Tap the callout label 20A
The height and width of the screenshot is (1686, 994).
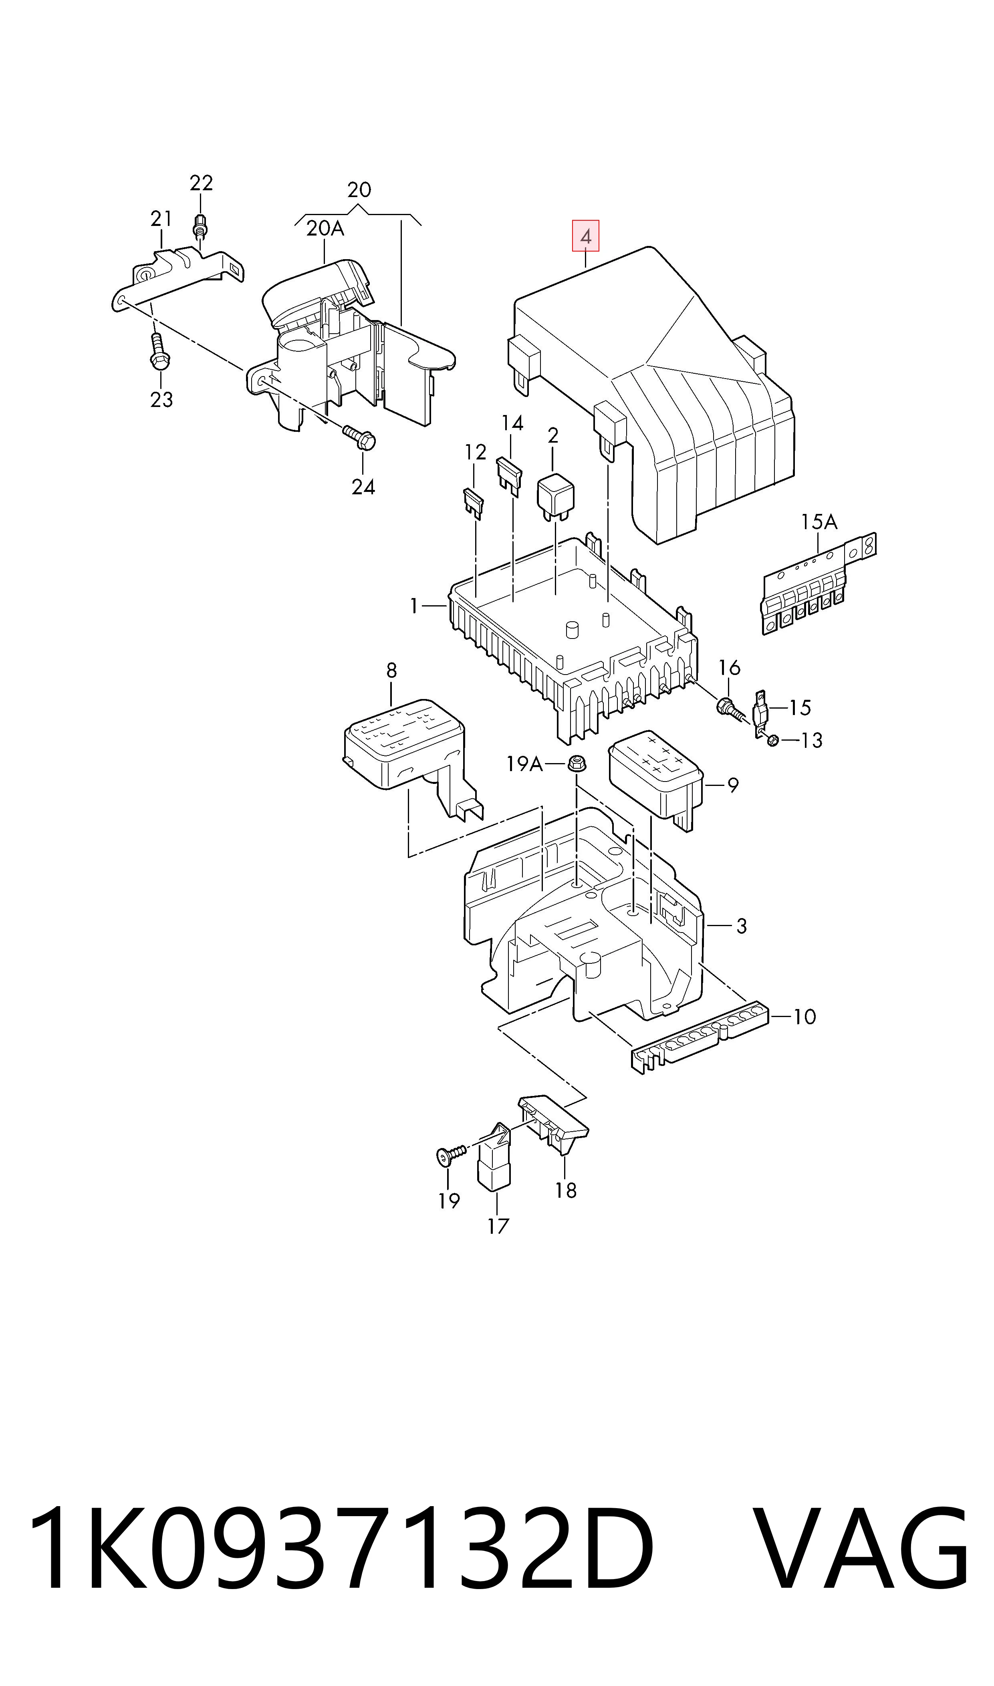click(325, 229)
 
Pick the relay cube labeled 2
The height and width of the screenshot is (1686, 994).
click(555, 496)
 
